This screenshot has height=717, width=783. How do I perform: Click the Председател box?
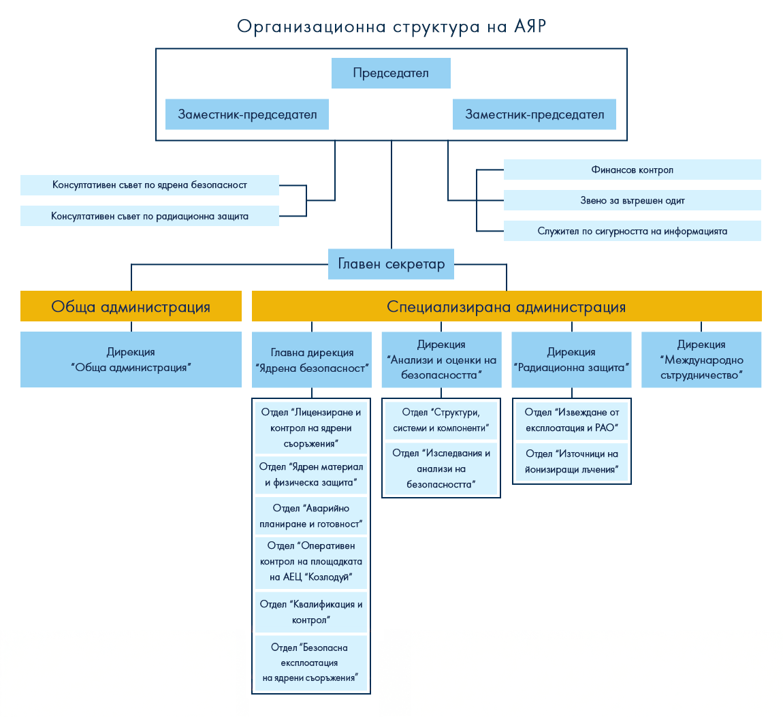coord(391,74)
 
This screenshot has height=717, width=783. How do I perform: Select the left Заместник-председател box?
coord(247,114)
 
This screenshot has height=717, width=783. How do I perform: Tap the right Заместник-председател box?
coord(534,114)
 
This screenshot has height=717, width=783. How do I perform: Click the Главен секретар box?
coord(391,264)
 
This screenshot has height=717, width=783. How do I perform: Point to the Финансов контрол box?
coord(632,170)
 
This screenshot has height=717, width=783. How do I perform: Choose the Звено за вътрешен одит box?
coord(632,200)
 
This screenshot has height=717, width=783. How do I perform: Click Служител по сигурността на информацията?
coord(632,231)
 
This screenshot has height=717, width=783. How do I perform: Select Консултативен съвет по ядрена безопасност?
coord(150,185)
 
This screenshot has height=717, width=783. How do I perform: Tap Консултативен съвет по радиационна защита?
coord(150,216)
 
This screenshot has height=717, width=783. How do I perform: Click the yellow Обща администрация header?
coord(131,306)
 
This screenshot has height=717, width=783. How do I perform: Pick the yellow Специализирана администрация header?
coord(507,306)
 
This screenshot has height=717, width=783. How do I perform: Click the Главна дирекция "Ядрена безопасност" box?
coord(312,360)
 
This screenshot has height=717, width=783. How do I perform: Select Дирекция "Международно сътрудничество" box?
coord(701,360)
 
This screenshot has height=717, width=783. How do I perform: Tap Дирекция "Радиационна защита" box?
coord(571,360)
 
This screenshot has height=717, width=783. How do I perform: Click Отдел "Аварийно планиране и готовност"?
coord(311,516)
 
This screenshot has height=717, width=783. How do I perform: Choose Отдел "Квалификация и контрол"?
coord(311,611)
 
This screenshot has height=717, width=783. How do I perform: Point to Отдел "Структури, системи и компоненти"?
coord(441,420)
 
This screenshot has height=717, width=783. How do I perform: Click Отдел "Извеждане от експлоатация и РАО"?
coord(571,420)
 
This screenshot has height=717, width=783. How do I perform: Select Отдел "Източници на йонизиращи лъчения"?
coord(571,462)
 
